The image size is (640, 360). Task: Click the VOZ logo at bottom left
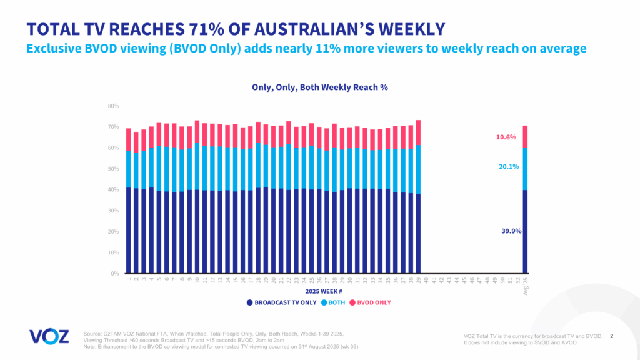click(49, 336)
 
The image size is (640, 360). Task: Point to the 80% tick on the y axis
click(113, 106)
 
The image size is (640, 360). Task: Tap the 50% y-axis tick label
click(113, 169)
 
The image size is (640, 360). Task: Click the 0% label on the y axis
click(115, 274)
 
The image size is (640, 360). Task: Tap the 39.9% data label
click(511, 231)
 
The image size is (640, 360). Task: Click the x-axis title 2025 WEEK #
click(323, 291)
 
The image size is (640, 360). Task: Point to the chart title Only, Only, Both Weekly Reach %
click(320, 87)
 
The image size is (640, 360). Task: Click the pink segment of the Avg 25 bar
click(526, 136)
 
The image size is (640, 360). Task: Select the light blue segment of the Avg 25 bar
click(526, 169)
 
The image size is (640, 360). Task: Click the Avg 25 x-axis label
click(526, 285)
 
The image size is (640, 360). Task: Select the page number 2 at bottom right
click(611, 336)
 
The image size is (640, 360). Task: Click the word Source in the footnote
click(92, 334)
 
